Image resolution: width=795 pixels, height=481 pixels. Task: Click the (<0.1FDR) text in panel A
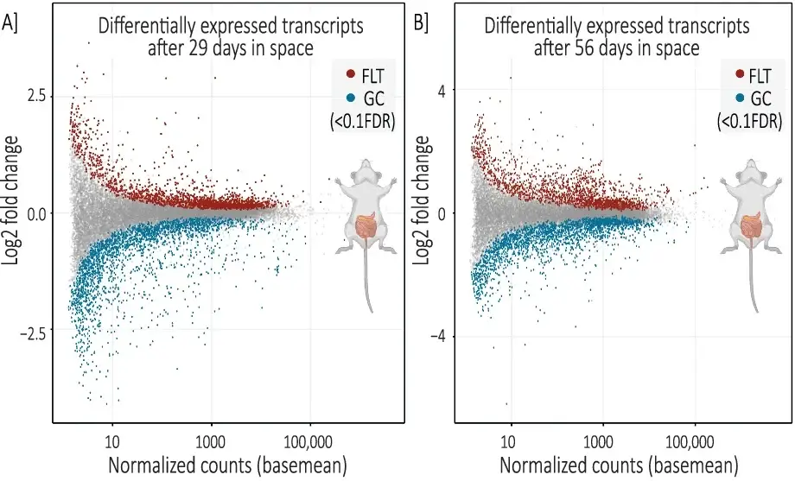click(x=362, y=123)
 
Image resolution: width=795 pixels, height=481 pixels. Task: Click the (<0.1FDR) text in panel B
click(x=749, y=123)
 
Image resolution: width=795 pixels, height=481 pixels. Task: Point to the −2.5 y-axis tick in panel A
click(x=31, y=331)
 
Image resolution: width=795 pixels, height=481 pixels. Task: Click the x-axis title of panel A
click(x=226, y=465)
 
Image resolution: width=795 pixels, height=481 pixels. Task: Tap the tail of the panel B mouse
click(x=757, y=285)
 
